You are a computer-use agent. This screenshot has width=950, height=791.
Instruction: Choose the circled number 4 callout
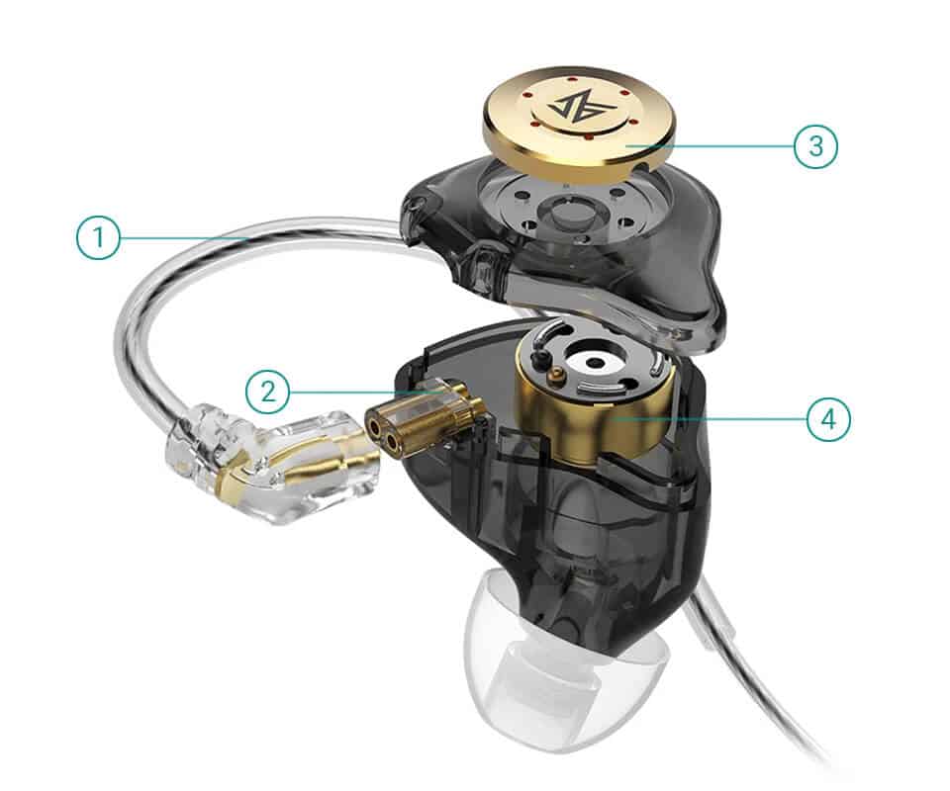(828, 418)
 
